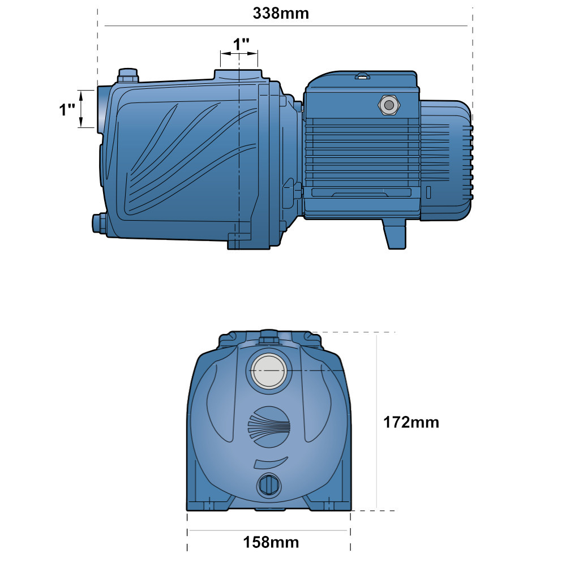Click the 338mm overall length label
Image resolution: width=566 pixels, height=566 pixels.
point(281,14)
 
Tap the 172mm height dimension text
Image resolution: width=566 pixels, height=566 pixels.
point(411,422)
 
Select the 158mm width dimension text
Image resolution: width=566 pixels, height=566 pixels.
point(271,542)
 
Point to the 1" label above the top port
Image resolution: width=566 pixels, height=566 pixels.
point(241,44)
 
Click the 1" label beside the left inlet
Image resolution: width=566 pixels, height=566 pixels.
point(67,109)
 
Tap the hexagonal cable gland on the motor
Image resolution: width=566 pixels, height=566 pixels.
point(389,105)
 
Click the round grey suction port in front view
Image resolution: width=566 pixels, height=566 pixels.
point(268,371)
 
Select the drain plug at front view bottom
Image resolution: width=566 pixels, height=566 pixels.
point(268,485)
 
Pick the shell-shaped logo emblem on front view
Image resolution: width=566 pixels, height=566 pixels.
point(269,426)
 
